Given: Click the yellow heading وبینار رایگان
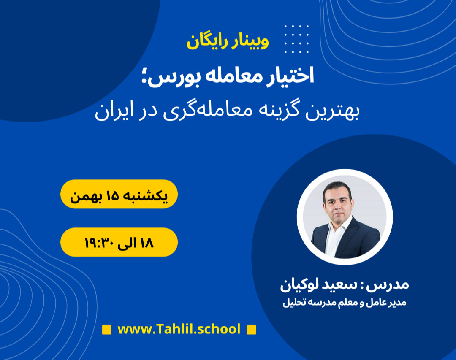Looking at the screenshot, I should point(228,42).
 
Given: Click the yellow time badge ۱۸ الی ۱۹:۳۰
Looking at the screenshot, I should point(119,242).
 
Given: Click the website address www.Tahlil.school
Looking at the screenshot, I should point(179,329).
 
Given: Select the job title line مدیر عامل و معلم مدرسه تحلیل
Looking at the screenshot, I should point(344,303).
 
